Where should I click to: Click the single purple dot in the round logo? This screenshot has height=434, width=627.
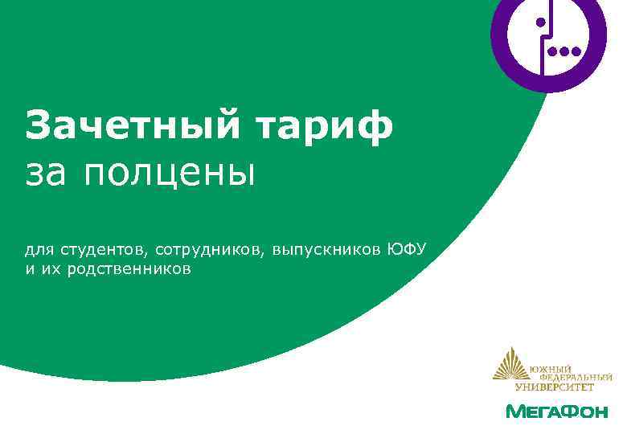[x=541, y=22]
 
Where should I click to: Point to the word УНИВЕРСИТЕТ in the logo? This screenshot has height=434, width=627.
[x=555, y=386]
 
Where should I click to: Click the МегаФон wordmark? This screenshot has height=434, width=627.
[x=556, y=411]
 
